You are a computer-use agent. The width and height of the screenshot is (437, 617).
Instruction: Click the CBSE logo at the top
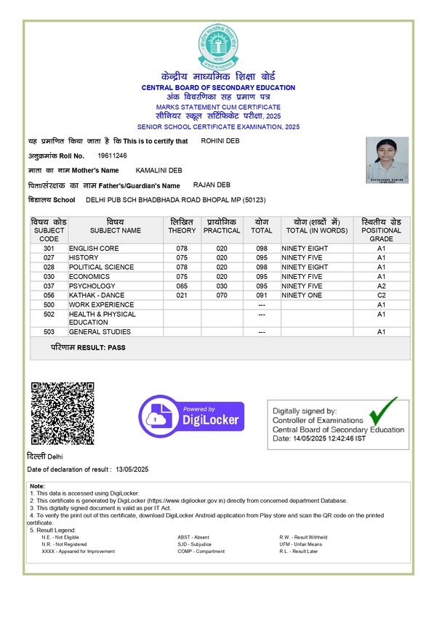(x=217, y=46)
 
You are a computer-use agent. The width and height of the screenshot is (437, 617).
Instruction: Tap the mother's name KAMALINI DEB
(x=159, y=170)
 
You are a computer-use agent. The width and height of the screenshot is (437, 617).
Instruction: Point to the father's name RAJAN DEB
(x=212, y=185)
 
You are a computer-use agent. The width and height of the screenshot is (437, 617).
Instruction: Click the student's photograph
(x=387, y=160)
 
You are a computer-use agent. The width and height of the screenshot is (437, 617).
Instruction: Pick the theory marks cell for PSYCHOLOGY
(x=182, y=286)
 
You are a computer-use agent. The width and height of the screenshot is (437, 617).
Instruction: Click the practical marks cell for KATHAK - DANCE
(x=221, y=295)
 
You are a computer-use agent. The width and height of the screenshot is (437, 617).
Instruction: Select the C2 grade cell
(x=380, y=295)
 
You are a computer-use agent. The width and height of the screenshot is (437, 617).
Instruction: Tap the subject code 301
(x=49, y=249)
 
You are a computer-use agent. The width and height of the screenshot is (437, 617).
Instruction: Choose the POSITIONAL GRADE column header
(x=380, y=230)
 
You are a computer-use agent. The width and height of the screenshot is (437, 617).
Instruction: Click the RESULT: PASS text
(x=88, y=347)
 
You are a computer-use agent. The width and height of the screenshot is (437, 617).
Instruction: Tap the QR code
(x=62, y=413)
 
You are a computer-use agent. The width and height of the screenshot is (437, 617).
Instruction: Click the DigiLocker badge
(x=192, y=415)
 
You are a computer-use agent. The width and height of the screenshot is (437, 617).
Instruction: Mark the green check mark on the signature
(x=383, y=411)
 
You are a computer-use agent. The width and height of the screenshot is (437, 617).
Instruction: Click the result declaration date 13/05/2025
(x=132, y=469)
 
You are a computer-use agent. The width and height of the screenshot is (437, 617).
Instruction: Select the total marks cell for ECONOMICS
(x=262, y=276)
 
